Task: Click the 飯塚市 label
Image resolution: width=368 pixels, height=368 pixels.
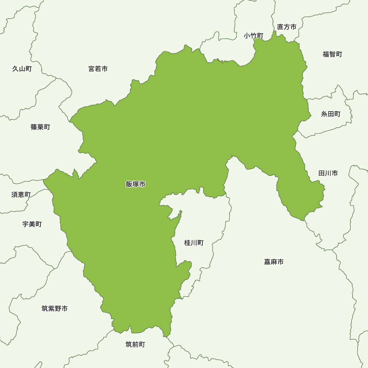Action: point(135,184)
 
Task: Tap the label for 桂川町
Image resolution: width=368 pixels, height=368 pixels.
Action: point(194,243)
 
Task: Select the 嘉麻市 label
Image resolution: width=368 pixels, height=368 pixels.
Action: point(274,262)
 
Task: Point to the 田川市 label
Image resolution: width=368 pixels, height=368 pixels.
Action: point(328,173)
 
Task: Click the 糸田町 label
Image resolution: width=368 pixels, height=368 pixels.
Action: point(331,114)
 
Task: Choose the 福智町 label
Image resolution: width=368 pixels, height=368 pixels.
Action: point(332,54)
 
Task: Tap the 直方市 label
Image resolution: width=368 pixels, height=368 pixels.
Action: point(287,27)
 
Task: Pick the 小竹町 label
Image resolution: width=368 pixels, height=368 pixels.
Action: point(254,36)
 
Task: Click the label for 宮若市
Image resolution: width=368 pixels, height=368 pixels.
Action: point(98,69)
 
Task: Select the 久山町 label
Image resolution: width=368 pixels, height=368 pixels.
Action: point(22,69)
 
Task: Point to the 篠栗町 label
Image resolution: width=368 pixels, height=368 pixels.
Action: point(40,127)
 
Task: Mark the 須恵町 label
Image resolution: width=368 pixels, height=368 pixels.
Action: point(21,195)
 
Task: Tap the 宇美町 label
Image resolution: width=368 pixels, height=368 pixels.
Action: point(32,224)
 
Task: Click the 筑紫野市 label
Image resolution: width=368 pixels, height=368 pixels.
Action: point(55,308)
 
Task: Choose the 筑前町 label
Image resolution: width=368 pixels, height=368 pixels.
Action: point(135,344)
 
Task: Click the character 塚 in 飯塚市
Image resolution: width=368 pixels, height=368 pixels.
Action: point(135,184)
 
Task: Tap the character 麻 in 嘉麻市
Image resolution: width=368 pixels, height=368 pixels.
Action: point(274,262)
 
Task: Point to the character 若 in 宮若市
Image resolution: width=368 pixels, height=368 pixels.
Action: point(98,69)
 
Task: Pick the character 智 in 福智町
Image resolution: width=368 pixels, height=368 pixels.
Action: point(332,54)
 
